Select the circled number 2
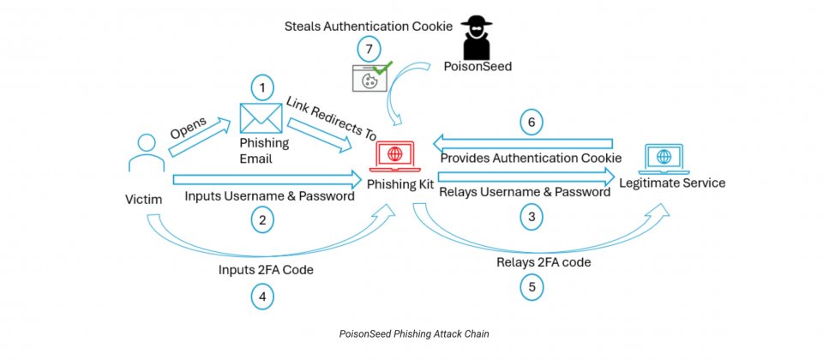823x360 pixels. [x=263, y=219]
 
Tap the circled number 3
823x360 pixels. [x=532, y=218]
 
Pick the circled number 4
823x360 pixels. [x=262, y=297]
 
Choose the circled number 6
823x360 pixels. [x=532, y=123]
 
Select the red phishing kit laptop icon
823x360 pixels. [x=396, y=156]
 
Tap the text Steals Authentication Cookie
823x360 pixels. [x=369, y=27]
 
